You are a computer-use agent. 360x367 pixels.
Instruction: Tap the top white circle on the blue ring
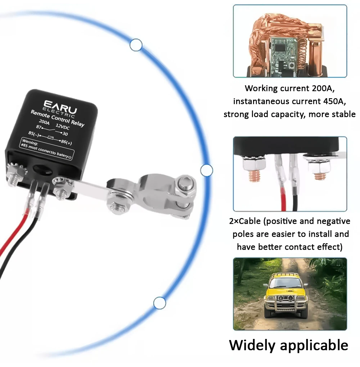(136, 45)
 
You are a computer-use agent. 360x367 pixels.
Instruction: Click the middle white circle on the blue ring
(207, 170)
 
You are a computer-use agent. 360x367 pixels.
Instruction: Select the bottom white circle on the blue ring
(159, 303)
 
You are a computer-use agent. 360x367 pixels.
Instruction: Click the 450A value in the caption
(328, 101)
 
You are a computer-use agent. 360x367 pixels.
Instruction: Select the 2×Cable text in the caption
(244, 221)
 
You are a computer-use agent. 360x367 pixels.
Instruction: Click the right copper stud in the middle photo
(319, 175)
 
